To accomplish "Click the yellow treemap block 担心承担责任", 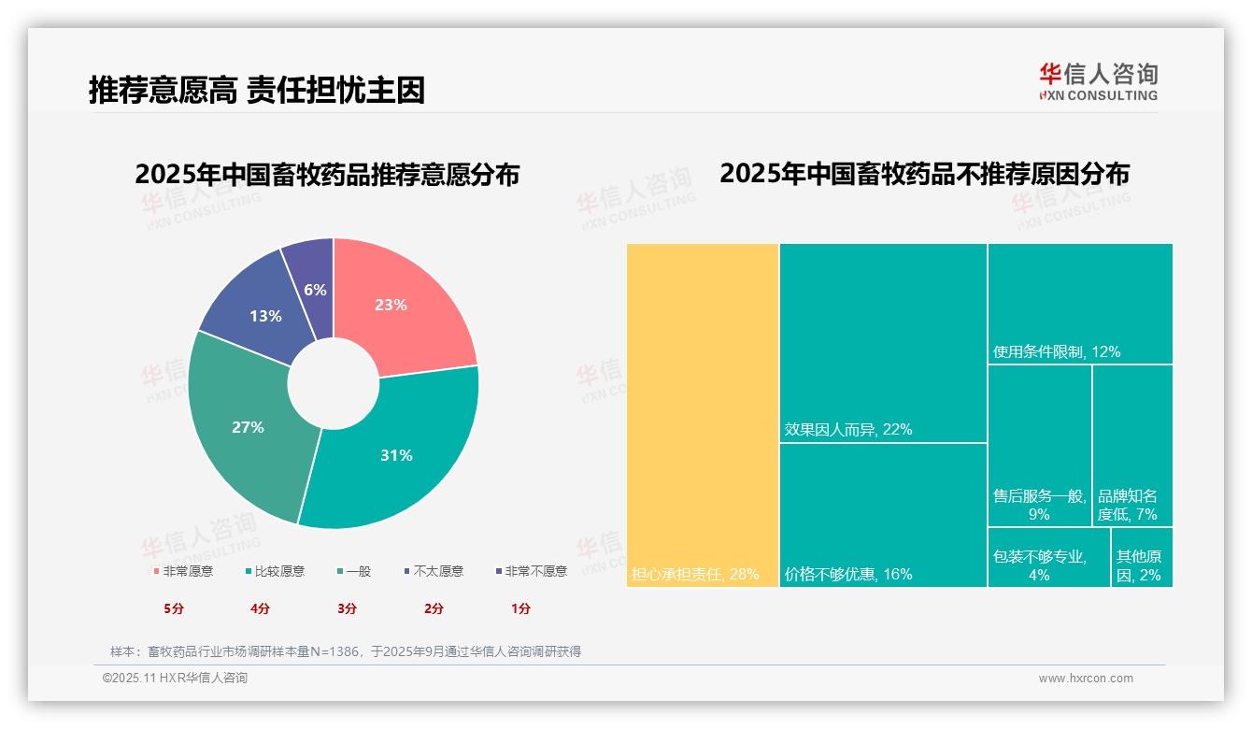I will [702, 415].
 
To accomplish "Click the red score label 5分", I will [174, 608].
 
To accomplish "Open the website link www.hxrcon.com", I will [1085, 679].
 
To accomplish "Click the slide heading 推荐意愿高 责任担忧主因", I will [257, 90].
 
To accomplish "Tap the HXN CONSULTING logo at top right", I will [1098, 81].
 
